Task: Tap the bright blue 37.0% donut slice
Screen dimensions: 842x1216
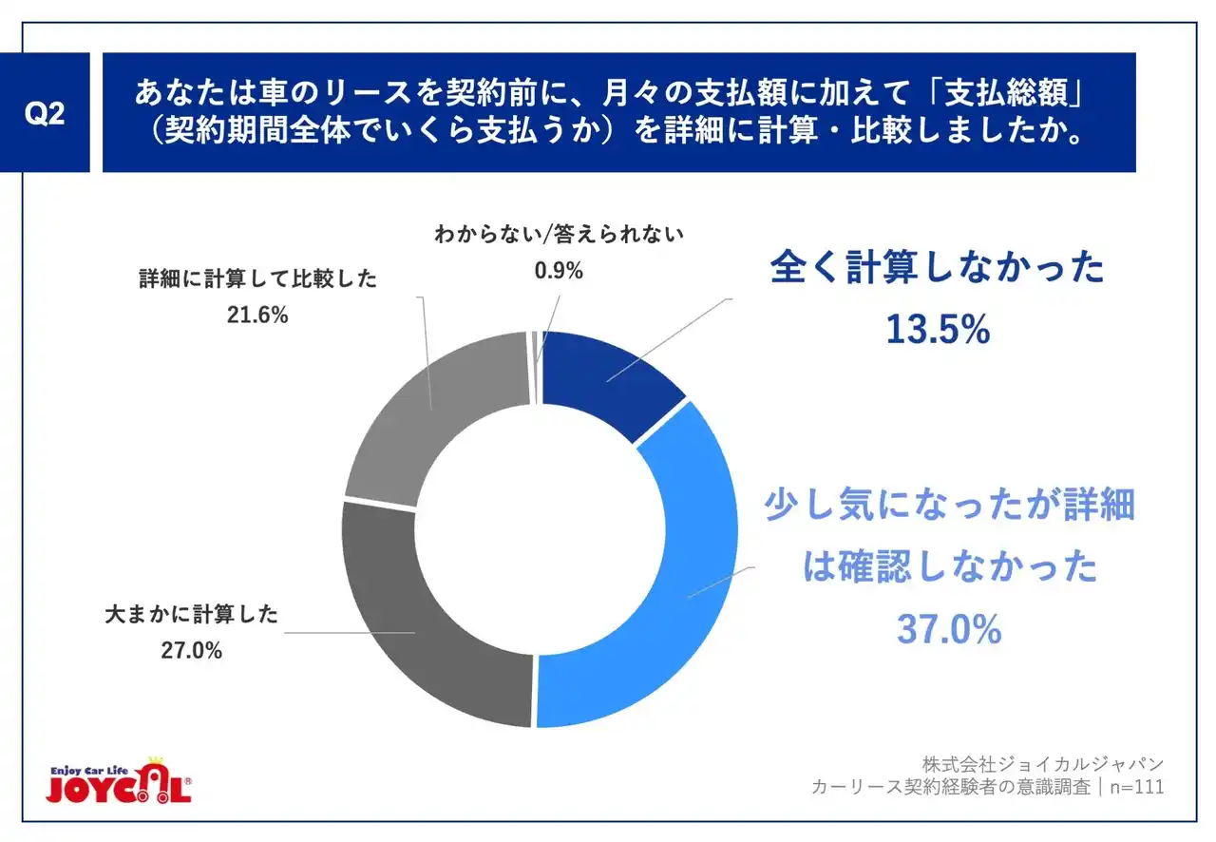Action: point(665,580)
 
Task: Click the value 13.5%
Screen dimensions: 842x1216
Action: point(938,330)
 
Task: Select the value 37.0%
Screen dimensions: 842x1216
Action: point(949,629)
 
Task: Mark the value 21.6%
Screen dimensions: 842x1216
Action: point(257,315)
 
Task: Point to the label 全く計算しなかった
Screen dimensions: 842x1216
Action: point(938,269)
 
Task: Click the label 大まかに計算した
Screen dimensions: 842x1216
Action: point(191,615)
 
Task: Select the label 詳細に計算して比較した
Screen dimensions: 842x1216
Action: point(257,279)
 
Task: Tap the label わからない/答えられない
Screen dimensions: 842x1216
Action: point(559,235)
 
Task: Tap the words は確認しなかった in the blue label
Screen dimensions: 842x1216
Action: point(949,568)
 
